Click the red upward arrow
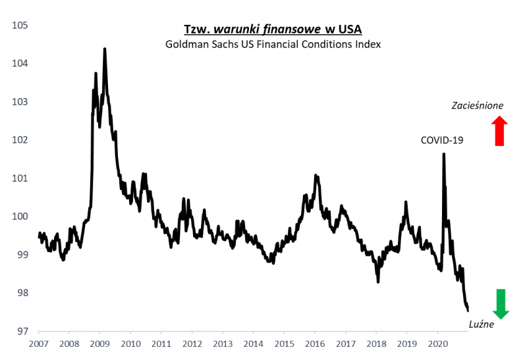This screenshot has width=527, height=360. [499, 130]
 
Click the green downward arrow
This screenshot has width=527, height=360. [501, 304]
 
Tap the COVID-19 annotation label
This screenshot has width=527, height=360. [443, 140]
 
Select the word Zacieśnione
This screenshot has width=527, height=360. [478, 105]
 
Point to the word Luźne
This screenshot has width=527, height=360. [480, 324]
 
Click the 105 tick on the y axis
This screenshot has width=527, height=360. [19, 26]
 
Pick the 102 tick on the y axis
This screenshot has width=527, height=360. [19, 140]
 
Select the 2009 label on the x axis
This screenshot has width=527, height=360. [99, 344]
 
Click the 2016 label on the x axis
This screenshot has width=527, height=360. [315, 344]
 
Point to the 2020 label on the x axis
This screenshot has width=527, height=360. [437, 344]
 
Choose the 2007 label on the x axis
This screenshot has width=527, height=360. [38, 344]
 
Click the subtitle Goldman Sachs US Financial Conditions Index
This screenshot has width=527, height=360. [273, 44]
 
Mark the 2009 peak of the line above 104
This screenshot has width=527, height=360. [105, 49]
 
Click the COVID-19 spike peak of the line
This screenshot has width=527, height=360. [443, 154]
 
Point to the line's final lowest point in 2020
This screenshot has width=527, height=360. [467, 310]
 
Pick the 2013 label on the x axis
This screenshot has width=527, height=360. [223, 344]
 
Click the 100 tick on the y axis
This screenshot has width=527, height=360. [19, 217]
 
